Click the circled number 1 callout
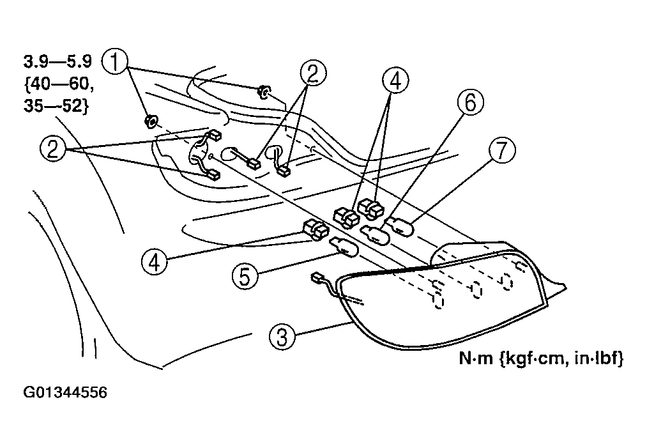(116, 64)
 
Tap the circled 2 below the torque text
(54, 150)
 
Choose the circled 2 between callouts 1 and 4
(310, 73)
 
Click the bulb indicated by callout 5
(344, 246)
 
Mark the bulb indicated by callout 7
(400, 225)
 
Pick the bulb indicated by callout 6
(376, 233)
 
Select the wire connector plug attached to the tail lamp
(317, 278)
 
